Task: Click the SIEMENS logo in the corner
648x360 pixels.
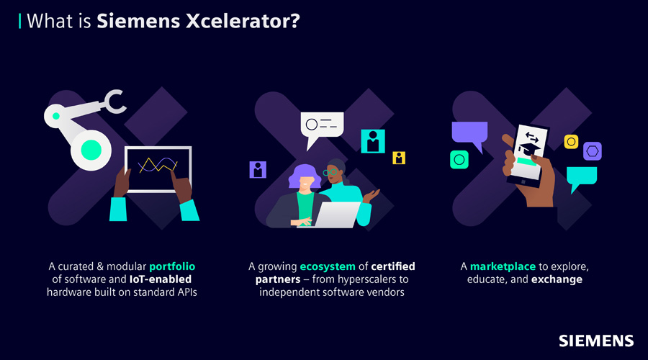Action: [x=596, y=341]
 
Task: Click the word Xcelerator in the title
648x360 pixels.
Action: [x=243, y=21]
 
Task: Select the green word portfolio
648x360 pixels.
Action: [x=172, y=266]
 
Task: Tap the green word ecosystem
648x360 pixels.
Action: [x=328, y=266]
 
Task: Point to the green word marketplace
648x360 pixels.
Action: [x=503, y=266]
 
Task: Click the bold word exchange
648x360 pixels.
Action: [x=557, y=279]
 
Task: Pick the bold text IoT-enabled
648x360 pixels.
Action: [x=161, y=279]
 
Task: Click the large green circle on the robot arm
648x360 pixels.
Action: [x=91, y=150]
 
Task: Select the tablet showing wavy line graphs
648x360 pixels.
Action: [x=158, y=169]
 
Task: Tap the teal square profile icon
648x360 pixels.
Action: [x=373, y=141]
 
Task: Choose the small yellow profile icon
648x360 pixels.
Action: [x=399, y=158]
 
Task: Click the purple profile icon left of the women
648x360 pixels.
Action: [x=258, y=169]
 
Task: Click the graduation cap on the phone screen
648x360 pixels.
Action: [x=529, y=149]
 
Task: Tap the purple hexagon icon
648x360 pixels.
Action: [x=593, y=151]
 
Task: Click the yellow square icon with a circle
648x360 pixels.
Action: [x=571, y=142]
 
